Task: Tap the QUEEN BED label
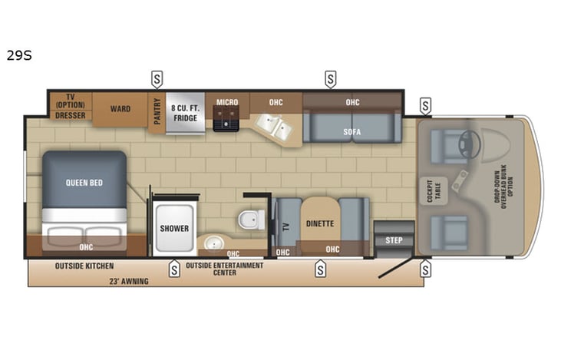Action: [x=84, y=183]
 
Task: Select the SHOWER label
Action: [x=174, y=229]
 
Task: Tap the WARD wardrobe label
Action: [x=120, y=110]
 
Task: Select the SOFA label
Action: [x=352, y=131]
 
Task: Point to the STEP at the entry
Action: [x=394, y=240]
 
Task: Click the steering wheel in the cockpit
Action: [x=470, y=144]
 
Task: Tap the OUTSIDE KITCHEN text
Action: [x=84, y=266]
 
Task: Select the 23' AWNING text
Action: [x=128, y=281]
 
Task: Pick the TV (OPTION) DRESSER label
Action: [x=71, y=107]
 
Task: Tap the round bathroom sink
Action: [x=212, y=244]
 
